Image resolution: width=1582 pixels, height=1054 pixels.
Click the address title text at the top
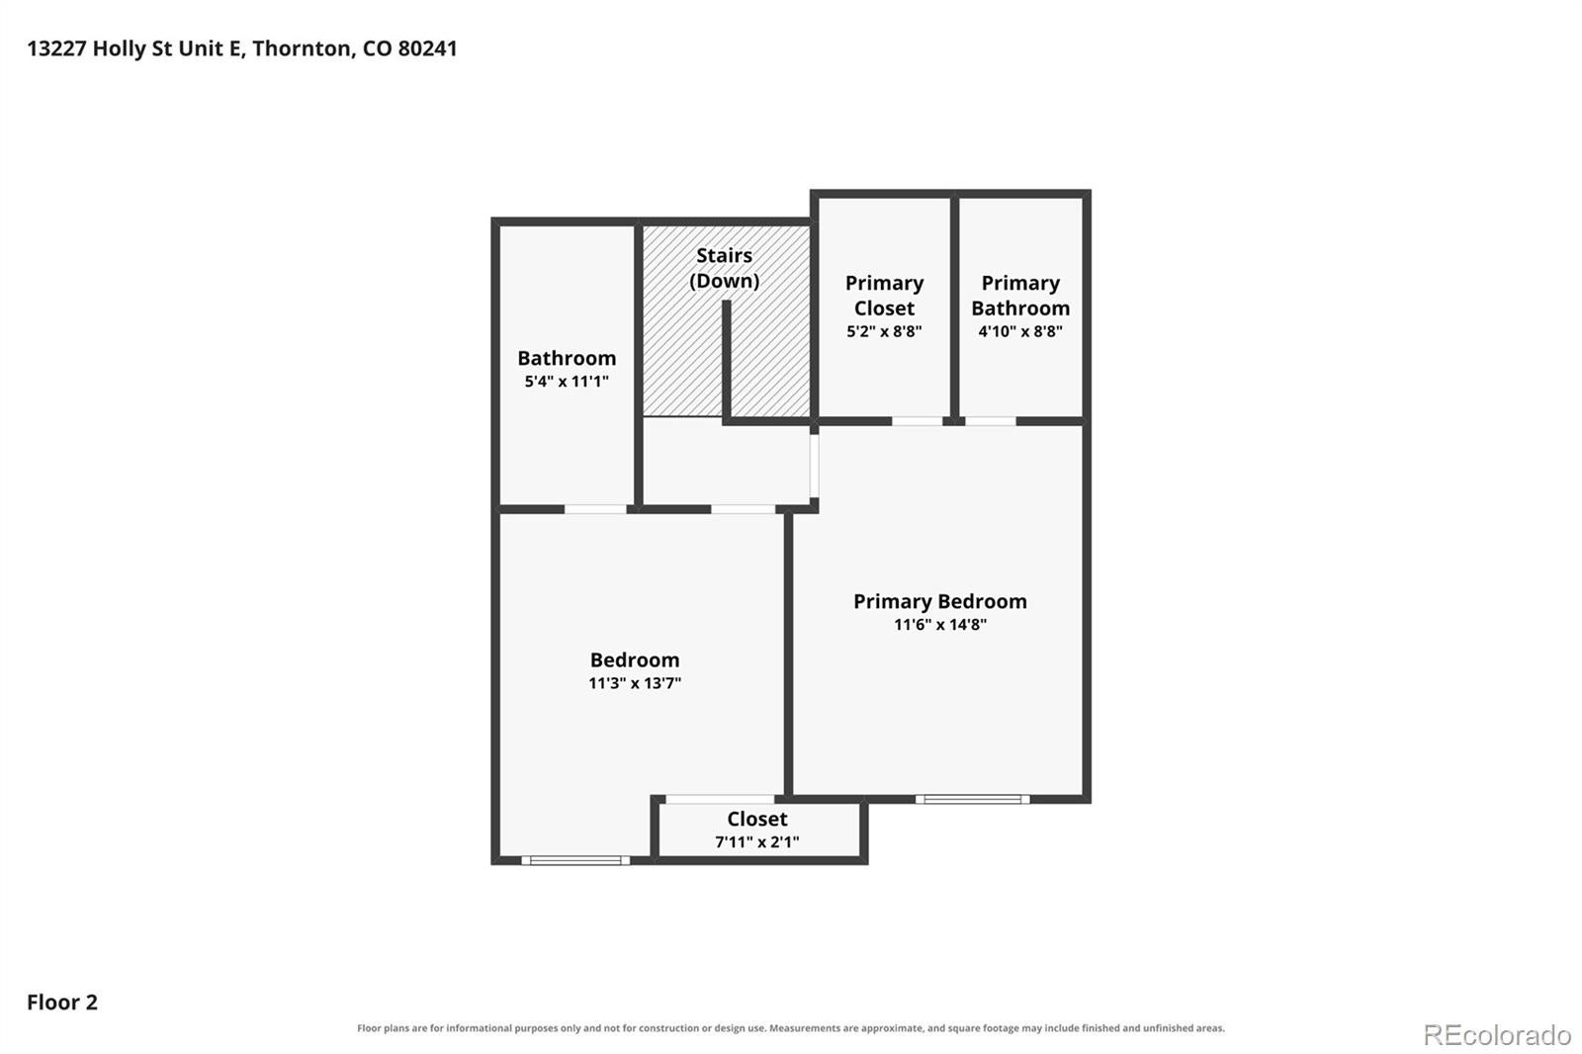click(242, 48)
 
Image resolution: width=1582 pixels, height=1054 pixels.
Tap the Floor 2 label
click(62, 1002)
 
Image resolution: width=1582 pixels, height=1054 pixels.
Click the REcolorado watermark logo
click(1497, 1035)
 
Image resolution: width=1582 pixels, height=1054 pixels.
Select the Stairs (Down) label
click(724, 268)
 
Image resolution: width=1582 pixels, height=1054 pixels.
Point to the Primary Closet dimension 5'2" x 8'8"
click(884, 331)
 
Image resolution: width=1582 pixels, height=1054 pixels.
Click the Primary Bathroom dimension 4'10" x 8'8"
click(1019, 331)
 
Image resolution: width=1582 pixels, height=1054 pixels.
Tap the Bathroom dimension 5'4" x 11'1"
click(567, 382)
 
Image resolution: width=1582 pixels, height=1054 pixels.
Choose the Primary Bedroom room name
click(940, 601)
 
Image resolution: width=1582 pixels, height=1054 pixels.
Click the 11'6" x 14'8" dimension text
click(940, 625)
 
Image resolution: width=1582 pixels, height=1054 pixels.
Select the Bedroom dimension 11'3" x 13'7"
click(634, 683)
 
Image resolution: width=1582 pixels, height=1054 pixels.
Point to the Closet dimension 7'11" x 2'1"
click(757, 842)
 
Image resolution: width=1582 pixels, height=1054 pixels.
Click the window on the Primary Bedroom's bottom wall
click(973, 799)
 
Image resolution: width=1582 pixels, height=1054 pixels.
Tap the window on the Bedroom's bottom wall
click(575, 860)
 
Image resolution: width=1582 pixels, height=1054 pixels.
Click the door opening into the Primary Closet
click(917, 421)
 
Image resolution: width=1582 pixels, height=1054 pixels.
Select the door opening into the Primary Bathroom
click(990, 421)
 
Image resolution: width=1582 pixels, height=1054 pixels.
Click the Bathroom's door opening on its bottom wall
click(595, 509)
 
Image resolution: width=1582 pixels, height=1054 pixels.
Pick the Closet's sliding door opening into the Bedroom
click(720, 799)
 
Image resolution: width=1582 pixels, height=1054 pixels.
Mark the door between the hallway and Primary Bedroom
click(815, 466)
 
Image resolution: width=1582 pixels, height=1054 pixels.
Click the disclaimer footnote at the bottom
click(791, 1028)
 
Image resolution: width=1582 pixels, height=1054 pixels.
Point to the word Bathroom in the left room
click(567, 358)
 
